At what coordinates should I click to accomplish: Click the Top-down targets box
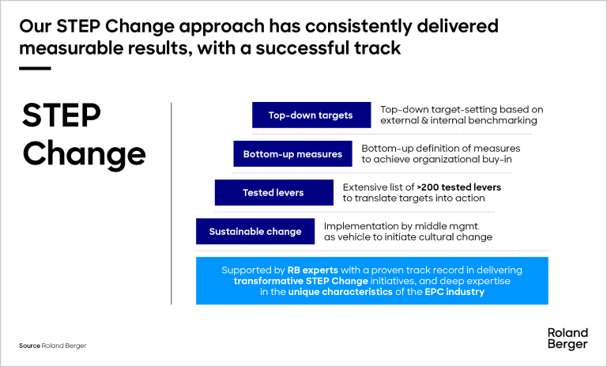tap(311, 115)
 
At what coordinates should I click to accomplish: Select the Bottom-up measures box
tap(292, 153)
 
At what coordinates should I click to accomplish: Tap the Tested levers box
tap(273, 192)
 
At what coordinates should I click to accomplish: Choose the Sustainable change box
tap(255, 231)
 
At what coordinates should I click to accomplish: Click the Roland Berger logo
tap(567, 339)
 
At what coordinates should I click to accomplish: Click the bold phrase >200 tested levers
tap(459, 187)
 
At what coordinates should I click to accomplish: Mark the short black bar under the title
tap(34, 69)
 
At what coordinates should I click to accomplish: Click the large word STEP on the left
tap(62, 115)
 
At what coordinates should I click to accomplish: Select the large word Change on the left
tap(85, 153)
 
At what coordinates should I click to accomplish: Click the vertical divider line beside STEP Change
tap(172, 202)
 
